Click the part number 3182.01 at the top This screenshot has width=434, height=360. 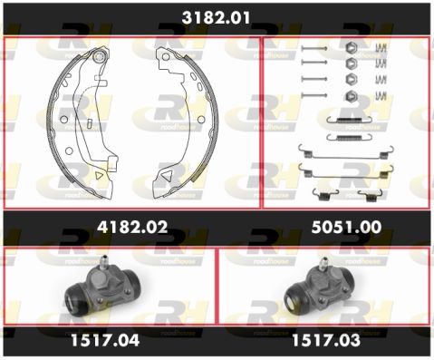click(x=216, y=18)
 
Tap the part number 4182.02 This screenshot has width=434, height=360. click(x=132, y=227)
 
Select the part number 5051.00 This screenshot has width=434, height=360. click(x=346, y=227)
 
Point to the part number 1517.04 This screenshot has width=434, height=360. click(x=105, y=340)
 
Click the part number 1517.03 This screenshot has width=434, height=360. click(x=326, y=340)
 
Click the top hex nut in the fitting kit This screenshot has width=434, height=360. click(x=351, y=48)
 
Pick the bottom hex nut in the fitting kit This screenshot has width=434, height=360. click(x=351, y=96)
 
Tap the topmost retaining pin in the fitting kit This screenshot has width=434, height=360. click(x=314, y=48)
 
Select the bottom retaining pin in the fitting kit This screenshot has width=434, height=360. click(x=314, y=95)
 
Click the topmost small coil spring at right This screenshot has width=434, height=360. click(x=381, y=48)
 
